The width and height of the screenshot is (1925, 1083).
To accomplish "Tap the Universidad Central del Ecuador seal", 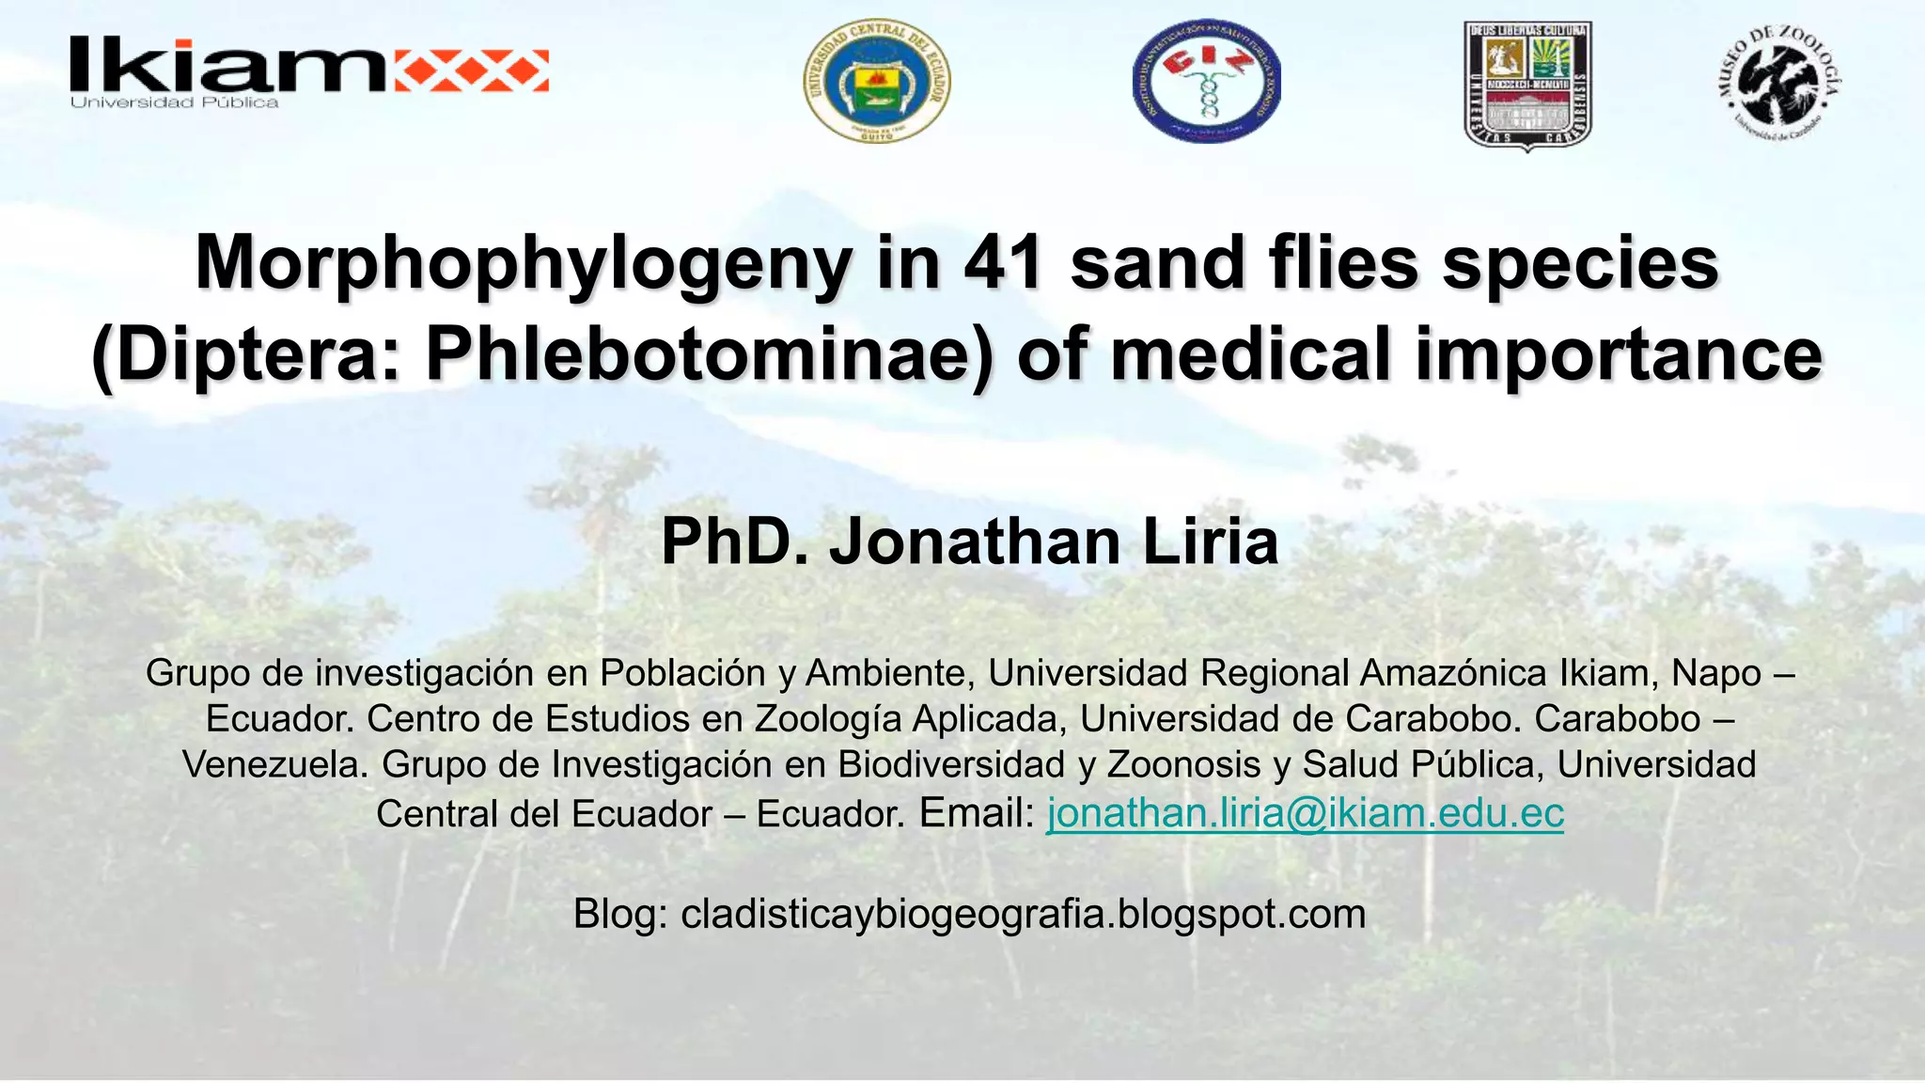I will point(876,82).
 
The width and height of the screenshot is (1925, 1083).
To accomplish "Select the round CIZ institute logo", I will point(1206,82).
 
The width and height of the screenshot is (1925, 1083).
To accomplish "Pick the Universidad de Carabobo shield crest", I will point(1527,85).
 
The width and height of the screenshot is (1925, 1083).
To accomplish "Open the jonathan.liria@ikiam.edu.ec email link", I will point(1305,813).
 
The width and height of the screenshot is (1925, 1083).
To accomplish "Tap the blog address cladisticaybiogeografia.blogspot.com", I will point(1023,914).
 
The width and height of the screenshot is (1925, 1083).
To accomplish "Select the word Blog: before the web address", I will point(620,914).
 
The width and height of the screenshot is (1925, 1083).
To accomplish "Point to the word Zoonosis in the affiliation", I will point(1183,764).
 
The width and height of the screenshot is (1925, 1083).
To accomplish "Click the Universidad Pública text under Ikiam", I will point(175,102).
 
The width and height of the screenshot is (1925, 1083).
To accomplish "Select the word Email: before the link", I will point(977,813).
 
